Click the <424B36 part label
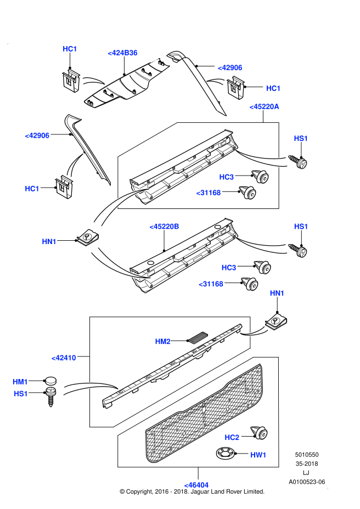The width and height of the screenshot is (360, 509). (x=122, y=53)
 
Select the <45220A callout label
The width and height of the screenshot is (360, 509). (x=264, y=106)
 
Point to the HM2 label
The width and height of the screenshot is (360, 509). (x=163, y=341)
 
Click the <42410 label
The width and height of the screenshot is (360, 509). (x=63, y=358)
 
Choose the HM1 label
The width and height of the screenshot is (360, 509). (x=20, y=381)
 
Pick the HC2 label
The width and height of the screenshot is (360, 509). (x=232, y=437)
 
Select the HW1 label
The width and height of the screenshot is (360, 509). (x=258, y=455)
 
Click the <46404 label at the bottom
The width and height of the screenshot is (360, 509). (x=195, y=485)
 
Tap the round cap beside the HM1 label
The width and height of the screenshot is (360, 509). (x=50, y=381)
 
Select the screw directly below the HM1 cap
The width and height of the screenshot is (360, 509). (x=50, y=395)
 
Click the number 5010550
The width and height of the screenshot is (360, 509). (x=307, y=455)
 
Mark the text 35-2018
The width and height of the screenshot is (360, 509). (x=307, y=463)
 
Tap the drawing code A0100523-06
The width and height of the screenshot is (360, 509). (x=307, y=481)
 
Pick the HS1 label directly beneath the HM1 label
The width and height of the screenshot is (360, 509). (x=20, y=393)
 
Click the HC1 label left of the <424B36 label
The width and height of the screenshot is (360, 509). (x=70, y=49)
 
